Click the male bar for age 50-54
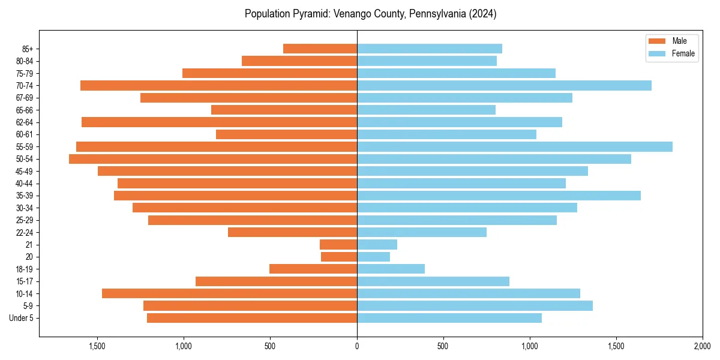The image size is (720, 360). (x=213, y=159)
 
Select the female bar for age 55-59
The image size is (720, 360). (x=515, y=147)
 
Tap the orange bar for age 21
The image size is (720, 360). (x=338, y=245)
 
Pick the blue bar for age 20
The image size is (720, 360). (x=373, y=257)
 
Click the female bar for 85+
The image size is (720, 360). (x=430, y=49)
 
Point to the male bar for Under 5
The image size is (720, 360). (x=252, y=318)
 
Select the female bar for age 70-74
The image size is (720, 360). (x=504, y=86)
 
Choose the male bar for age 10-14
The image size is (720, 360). (x=229, y=293)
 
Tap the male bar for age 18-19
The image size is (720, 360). (x=313, y=269)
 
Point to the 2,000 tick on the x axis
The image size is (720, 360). (x=703, y=346)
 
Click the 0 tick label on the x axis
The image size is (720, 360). (x=357, y=346)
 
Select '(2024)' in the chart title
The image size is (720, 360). (x=482, y=14)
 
